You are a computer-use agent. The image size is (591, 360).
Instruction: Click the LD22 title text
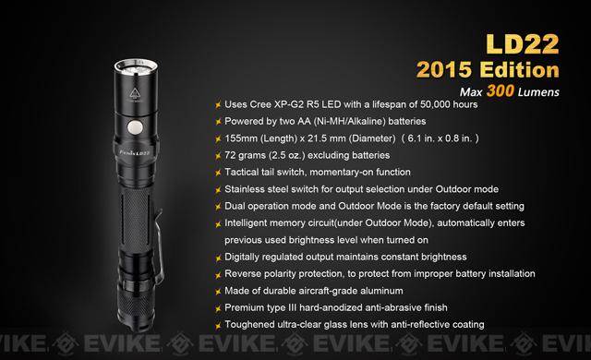coord(522,44)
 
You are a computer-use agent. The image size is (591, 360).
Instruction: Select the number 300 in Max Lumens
coord(501,90)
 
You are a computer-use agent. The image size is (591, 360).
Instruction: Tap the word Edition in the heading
coord(519,70)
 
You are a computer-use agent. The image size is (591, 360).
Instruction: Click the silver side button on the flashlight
coord(135,127)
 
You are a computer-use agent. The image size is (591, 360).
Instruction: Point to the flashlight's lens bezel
coord(137,67)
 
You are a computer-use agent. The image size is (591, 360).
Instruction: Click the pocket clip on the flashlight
coord(160,245)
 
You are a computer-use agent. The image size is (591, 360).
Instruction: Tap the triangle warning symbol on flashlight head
coord(135,93)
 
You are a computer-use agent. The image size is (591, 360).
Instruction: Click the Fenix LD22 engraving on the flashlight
coord(135,152)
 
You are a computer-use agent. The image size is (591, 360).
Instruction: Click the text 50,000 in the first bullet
coord(436,104)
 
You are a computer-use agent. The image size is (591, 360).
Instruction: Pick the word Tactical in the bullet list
coord(241,172)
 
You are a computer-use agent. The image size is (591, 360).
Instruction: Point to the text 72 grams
coord(245,155)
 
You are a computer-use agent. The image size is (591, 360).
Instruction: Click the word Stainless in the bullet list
coord(245,189)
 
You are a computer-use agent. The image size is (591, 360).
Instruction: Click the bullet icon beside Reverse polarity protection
coord(218,274)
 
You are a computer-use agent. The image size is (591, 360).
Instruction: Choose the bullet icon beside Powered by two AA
coord(218,122)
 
